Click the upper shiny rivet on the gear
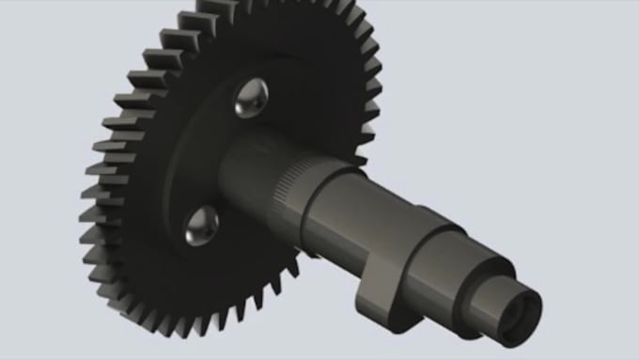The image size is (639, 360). tap(251, 98)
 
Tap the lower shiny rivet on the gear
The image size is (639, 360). tap(201, 225)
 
